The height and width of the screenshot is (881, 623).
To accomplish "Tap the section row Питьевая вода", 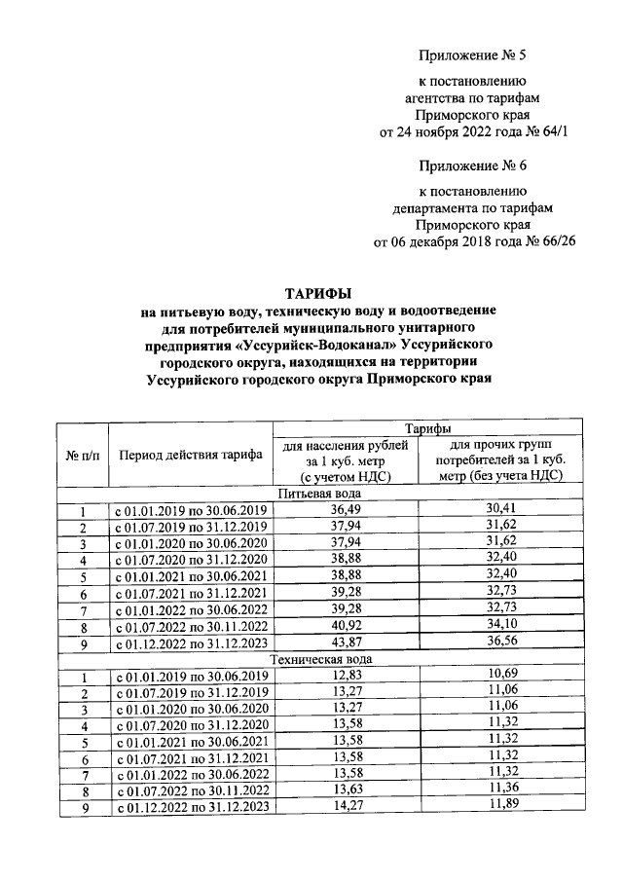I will (x=317, y=494).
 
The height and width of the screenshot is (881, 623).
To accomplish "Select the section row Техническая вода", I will (x=317, y=659).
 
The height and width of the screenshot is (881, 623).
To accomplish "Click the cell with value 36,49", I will (x=345, y=510).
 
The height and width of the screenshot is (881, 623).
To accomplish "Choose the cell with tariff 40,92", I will (x=345, y=626).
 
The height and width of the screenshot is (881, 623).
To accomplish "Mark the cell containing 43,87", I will (x=345, y=642).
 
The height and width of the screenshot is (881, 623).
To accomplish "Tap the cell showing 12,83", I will (x=345, y=676).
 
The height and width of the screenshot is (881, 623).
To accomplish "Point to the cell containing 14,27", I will (x=345, y=807).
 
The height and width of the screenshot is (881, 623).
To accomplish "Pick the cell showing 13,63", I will (x=345, y=790).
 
